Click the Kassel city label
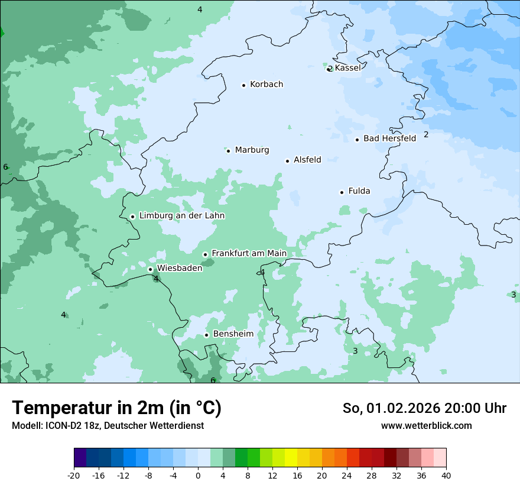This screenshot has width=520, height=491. tap(347, 68)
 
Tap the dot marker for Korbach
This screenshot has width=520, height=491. tap(243, 85)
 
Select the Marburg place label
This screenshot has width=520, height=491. tap(252, 150)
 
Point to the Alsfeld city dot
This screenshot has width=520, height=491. tap(287, 161)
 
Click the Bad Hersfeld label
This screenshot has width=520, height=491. tap(389, 138)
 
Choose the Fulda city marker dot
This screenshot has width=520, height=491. tap(342, 192)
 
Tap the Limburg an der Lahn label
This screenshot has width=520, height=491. tap(181, 216)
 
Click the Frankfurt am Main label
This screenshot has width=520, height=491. tap(249, 254)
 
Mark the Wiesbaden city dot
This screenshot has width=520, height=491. tap(150, 269)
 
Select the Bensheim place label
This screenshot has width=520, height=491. tap(233, 334)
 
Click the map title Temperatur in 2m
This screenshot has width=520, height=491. tap(116, 408)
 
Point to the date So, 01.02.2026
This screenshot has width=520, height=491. tap(390, 408)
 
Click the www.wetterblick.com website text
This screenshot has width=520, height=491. tap(426, 426)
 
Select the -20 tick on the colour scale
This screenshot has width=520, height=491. tap(74, 476)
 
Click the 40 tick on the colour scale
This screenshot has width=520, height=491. tap(446, 476)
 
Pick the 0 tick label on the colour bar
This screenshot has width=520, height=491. tap(198, 476)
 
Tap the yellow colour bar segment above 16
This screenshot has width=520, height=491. tap(291, 458)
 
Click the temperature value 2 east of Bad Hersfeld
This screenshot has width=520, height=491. tap(426, 135)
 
